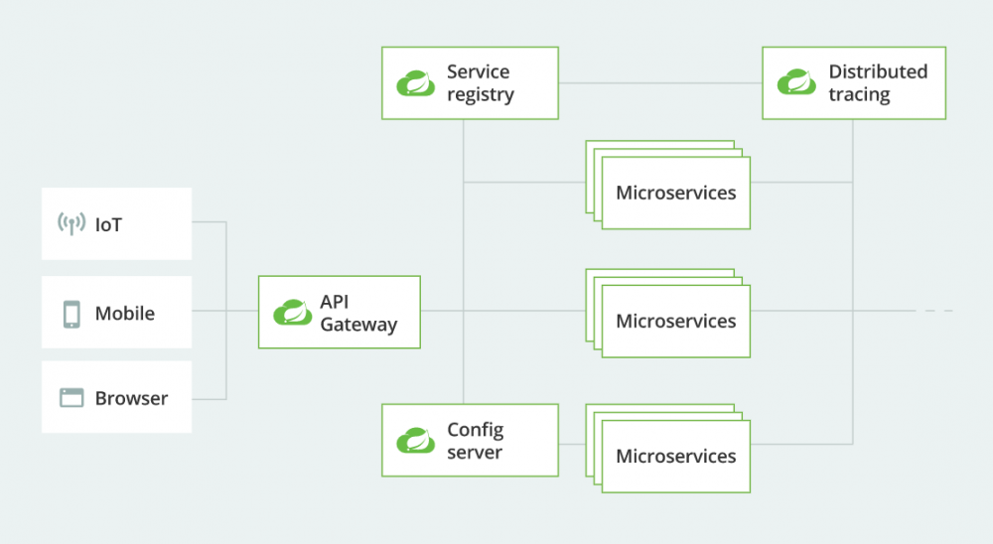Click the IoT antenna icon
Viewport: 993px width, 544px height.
coord(71,224)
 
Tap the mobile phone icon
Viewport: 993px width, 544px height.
coord(71,314)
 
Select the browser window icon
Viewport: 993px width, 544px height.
coord(71,398)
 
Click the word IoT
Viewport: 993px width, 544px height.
coord(108,224)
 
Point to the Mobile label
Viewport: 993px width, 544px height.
coord(125,314)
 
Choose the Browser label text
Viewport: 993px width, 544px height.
coord(131,398)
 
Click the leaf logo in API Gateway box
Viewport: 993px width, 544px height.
coord(293,313)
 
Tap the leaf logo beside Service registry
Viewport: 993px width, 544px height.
coord(416,83)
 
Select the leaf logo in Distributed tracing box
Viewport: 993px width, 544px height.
coord(797,82)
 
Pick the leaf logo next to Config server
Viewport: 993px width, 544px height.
coord(416,440)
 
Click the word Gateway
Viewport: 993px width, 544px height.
coord(358,325)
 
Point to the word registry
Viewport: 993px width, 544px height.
coord(481,95)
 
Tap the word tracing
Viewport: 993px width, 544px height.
coord(859,95)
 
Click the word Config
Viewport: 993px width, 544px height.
coord(475,430)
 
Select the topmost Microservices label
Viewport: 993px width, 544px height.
coord(676,193)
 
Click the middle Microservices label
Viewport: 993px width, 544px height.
coord(676,321)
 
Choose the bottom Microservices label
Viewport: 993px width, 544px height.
coord(676,456)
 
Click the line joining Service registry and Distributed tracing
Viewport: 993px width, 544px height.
coord(660,83)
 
